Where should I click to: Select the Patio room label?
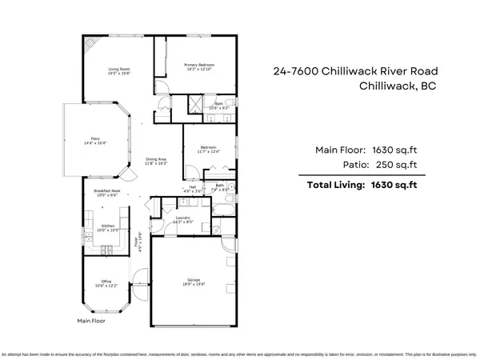(95, 141)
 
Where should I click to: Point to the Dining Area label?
(156, 161)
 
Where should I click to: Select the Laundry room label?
(182, 218)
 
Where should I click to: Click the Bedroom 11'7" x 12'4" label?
(209, 149)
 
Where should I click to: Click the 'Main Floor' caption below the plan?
(91, 321)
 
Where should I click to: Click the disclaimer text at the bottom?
(240, 353)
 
